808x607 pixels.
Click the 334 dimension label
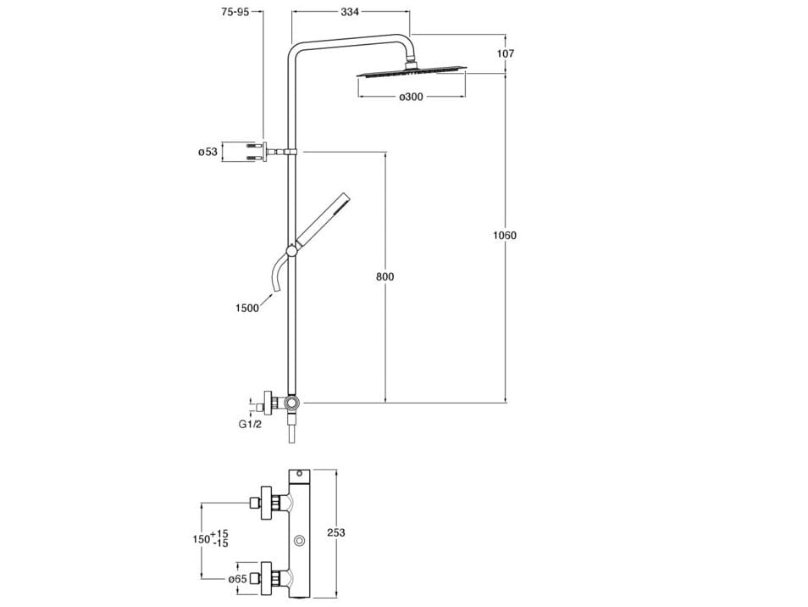[x=350, y=13]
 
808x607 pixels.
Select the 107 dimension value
[x=506, y=53]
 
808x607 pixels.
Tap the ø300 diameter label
[x=411, y=97]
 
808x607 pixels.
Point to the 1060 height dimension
[x=505, y=236]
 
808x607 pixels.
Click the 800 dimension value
[x=385, y=277]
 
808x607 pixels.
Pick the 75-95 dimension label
[x=235, y=13]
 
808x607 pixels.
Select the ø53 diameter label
[x=208, y=152]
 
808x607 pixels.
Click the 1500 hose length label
[x=247, y=308]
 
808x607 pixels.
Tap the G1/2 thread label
[x=250, y=423]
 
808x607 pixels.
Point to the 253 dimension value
[x=336, y=532]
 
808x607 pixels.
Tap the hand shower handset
[x=321, y=221]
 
